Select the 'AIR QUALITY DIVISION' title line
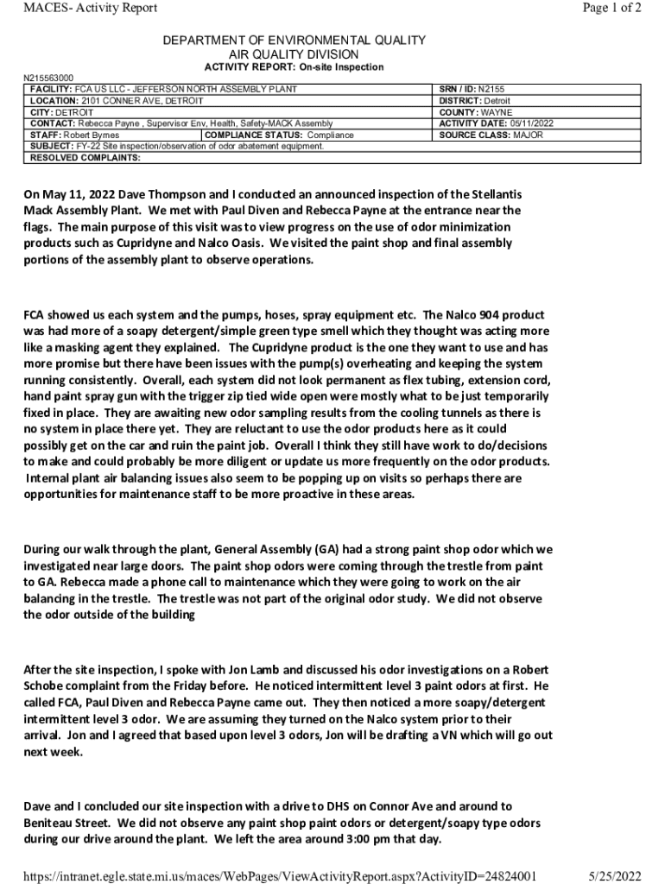pos(294,54)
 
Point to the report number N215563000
pos(48,78)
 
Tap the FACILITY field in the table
pos(164,89)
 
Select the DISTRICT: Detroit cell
pos(475,100)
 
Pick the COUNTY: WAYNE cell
pos(476,112)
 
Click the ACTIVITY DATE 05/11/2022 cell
pos(497,123)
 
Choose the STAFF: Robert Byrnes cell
pos(74,136)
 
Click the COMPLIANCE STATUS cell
pos(279,136)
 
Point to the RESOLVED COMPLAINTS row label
pos(85,158)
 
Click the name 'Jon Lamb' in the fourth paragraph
pos(233,670)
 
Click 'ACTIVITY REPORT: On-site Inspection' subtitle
pos(294,67)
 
